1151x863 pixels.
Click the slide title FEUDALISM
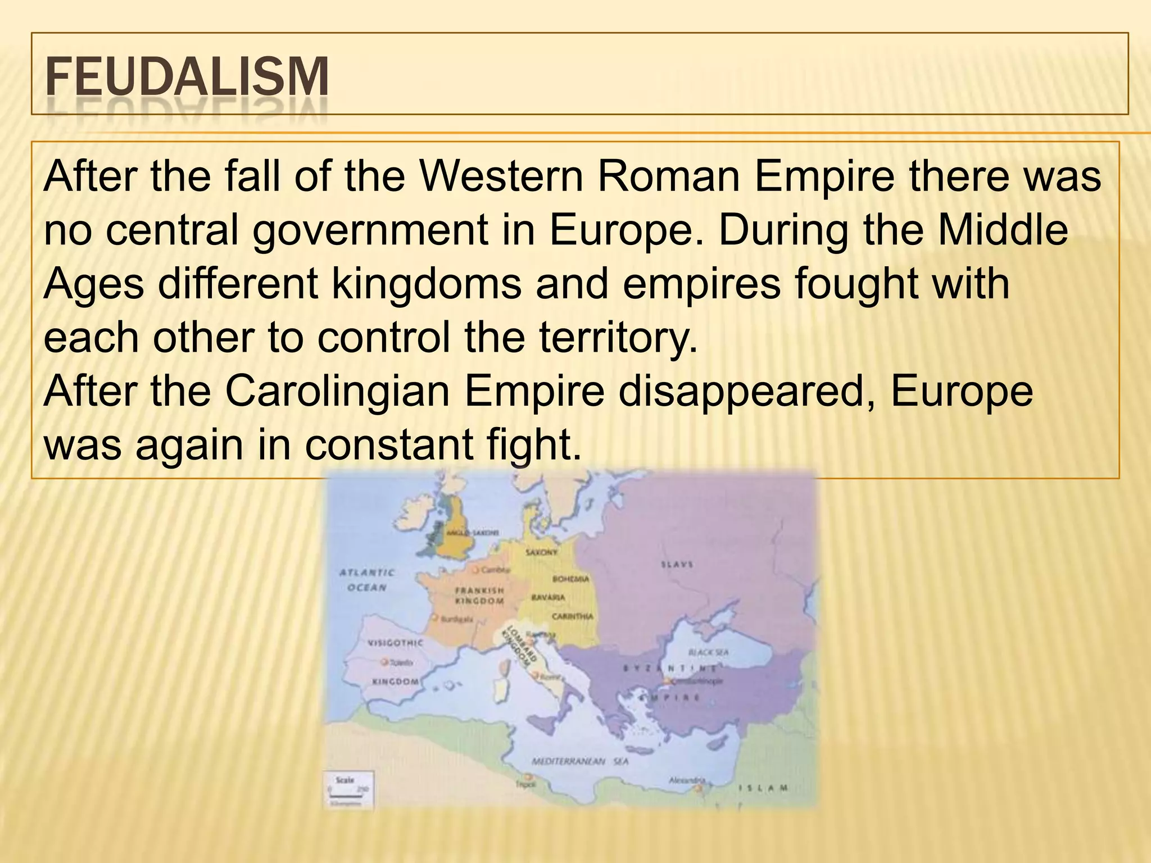[x=187, y=77]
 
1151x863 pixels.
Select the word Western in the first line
[x=502, y=176]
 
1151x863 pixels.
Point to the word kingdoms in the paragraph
[x=427, y=284]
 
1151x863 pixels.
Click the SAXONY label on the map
[x=542, y=552]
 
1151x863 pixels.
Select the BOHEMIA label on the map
[x=571, y=578]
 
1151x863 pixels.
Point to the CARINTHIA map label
[x=572, y=616]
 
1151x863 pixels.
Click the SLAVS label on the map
[x=677, y=564]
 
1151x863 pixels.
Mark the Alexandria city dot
[x=699, y=789]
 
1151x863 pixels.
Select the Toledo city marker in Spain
[x=385, y=662]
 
